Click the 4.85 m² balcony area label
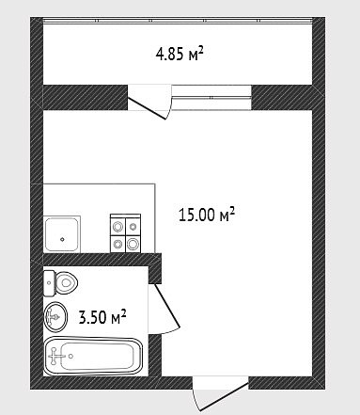coord(180,54)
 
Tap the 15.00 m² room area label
coord(207,215)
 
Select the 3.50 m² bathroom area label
coord(102,317)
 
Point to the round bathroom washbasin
coord(55,316)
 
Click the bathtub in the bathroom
coord(93,356)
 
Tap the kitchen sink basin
coord(62,234)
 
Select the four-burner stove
coord(125,233)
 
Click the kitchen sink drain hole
coord(63,239)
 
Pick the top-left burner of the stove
coord(118,226)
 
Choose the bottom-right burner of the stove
coord(133,243)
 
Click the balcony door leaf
coord(146,108)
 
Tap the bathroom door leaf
coord(166,306)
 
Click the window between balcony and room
coord(211,97)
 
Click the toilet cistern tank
coord(49,283)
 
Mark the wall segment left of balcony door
coord(86,97)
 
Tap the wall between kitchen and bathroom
coord(102,260)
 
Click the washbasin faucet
coord(53,317)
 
